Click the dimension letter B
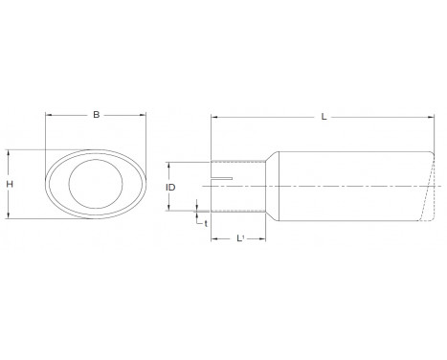click(x=96, y=116)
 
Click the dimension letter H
click(x=10, y=185)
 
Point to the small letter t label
click(x=206, y=223)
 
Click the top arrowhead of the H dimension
click(x=10, y=150)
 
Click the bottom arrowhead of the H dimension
click(x=10, y=218)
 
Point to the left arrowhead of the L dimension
click(x=213, y=118)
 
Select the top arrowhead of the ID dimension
click(x=168, y=162)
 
